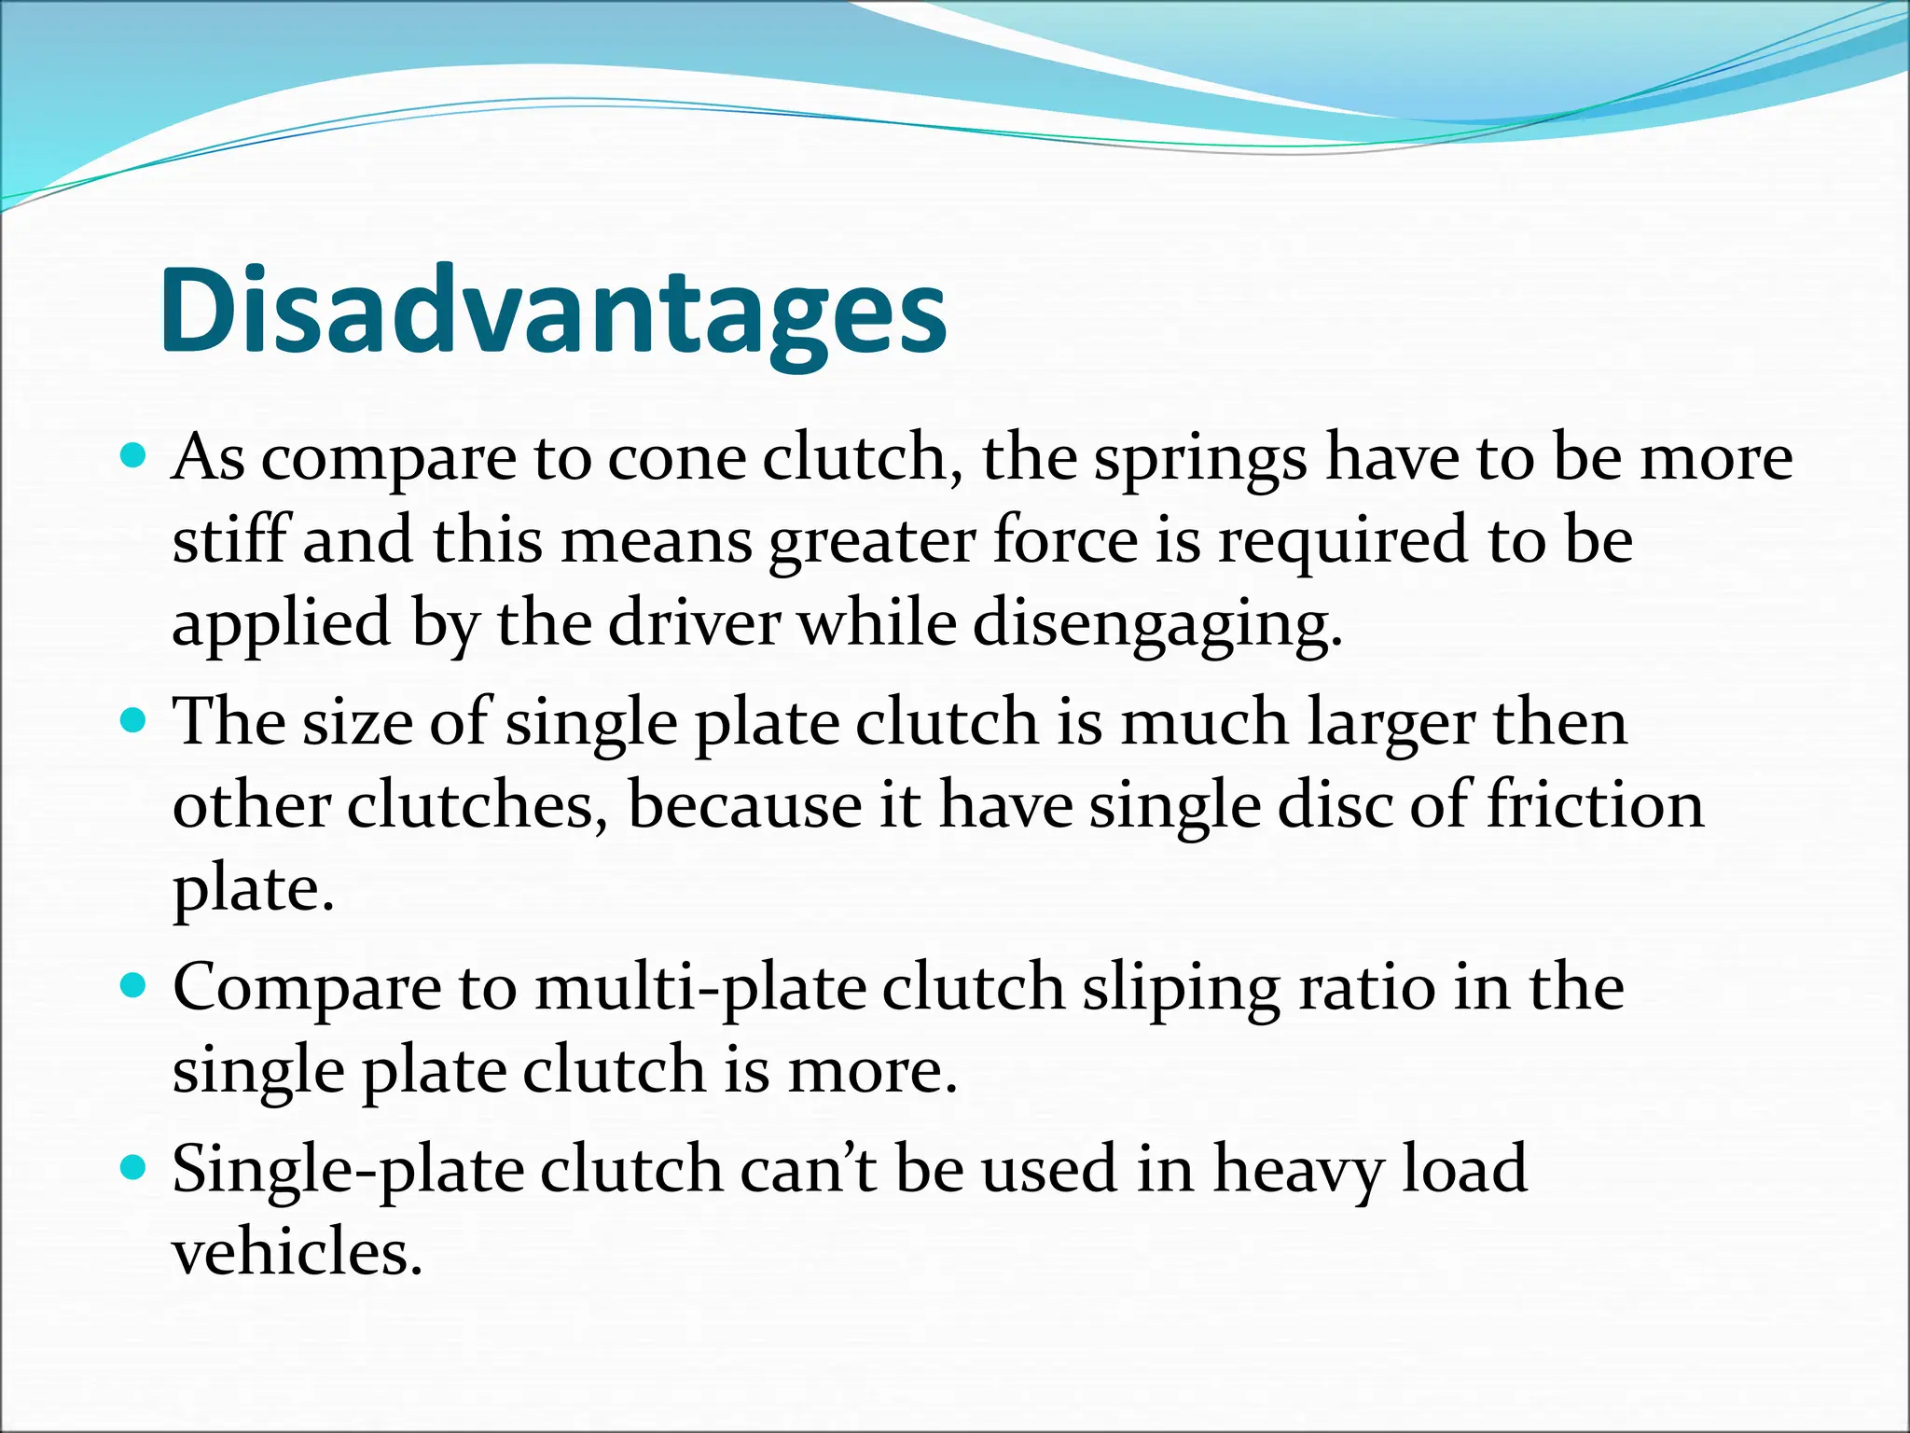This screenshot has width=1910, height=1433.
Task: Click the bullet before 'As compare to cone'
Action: pos(134,456)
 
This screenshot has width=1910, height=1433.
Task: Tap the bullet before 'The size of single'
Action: pos(134,720)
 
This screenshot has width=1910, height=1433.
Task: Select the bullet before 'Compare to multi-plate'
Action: pos(134,985)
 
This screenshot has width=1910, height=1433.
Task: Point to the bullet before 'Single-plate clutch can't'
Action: pos(134,1167)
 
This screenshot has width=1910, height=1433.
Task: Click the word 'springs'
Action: pos(1200,462)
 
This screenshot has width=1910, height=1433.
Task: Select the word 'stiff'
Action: pos(230,541)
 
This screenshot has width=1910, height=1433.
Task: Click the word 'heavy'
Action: pos(1297,1171)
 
